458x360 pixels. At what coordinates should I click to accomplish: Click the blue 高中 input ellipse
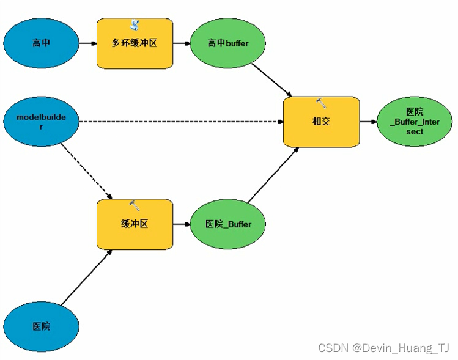[42, 43]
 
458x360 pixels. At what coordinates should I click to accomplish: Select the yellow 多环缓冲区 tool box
[135, 43]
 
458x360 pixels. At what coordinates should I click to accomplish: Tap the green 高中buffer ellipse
[228, 43]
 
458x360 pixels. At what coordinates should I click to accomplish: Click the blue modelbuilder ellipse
[42, 121]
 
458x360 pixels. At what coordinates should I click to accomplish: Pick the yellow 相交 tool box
[321, 122]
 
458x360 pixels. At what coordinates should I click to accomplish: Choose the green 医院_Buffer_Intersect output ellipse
[415, 122]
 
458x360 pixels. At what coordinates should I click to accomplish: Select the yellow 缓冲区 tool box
[135, 224]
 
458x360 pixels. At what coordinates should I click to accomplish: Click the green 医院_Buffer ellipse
[228, 224]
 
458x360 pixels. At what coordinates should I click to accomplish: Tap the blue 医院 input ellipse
[42, 326]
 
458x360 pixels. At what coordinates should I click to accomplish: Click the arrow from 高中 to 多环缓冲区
[88, 43]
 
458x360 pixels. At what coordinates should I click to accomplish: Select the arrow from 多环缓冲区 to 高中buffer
[182, 43]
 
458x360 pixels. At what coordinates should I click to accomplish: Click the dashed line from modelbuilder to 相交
[181, 122]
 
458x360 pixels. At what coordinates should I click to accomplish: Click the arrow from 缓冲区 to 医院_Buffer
[182, 224]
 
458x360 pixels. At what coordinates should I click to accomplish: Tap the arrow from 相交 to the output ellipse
[368, 122]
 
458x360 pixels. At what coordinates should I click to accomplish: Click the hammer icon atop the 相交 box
[321, 103]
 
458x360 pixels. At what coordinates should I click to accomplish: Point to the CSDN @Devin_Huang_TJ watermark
[384, 348]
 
